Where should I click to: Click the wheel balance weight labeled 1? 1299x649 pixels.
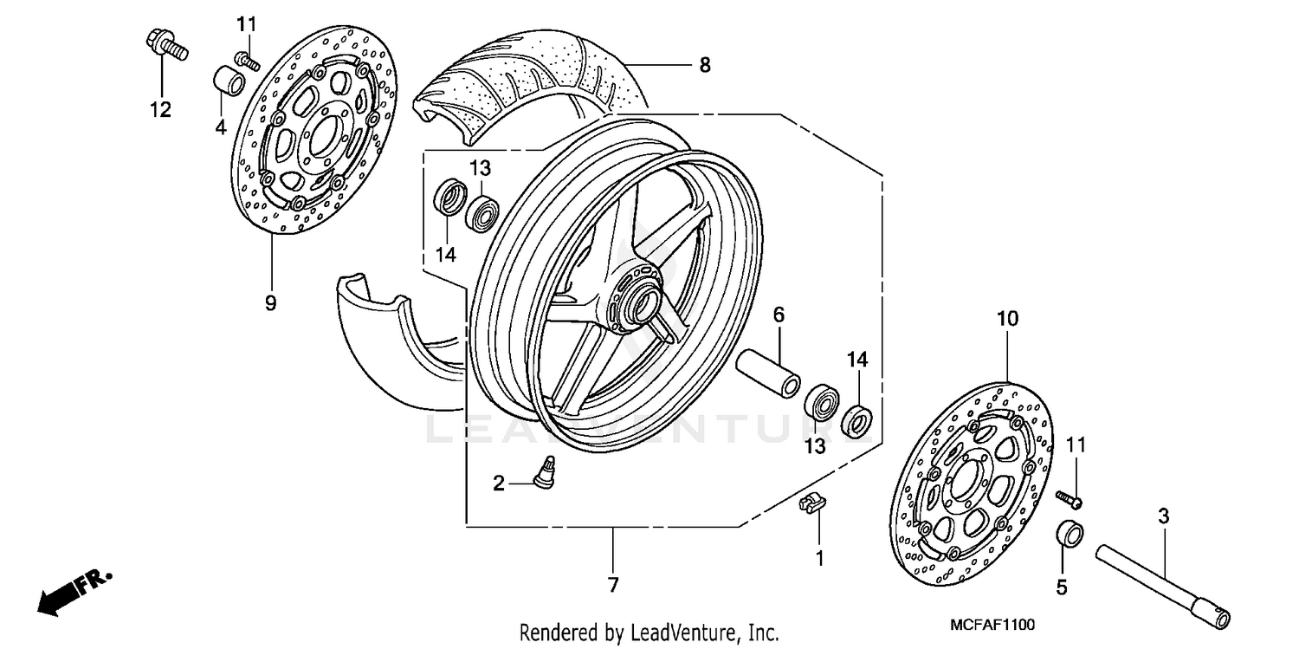click(x=811, y=503)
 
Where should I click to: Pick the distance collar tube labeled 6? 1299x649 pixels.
click(x=767, y=372)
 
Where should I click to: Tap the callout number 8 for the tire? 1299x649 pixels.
click(x=704, y=65)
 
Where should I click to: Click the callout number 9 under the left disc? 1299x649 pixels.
click(x=270, y=302)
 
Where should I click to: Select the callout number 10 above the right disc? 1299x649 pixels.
click(x=1007, y=319)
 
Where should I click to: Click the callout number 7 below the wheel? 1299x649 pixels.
click(x=613, y=585)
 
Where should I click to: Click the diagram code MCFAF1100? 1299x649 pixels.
click(x=992, y=624)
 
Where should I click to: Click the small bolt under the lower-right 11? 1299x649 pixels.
click(x=1070, y=498)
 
